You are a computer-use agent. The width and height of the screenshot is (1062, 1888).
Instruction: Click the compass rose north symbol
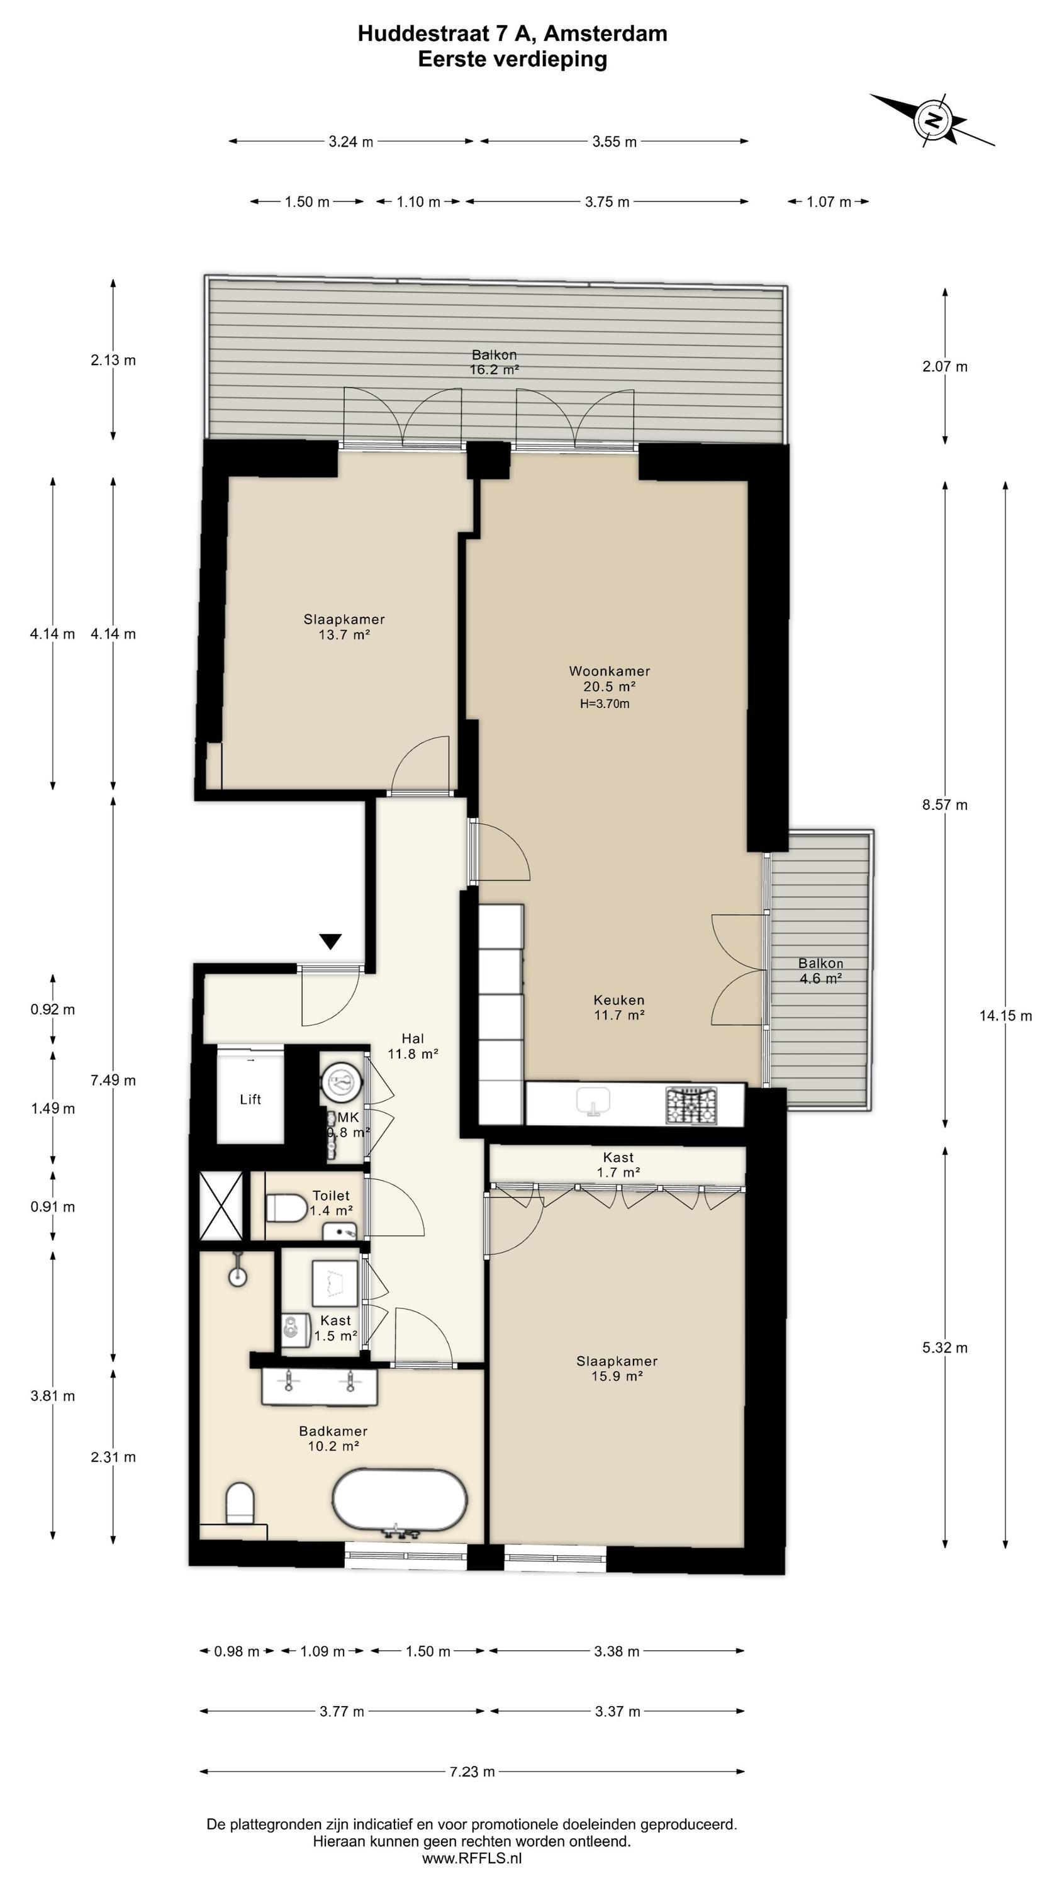click(x=932, y=120)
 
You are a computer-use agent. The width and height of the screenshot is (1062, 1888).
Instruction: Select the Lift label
click(x=250, y=1099)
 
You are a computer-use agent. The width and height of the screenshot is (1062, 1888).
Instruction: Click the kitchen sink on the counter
click(x=594, y=1101)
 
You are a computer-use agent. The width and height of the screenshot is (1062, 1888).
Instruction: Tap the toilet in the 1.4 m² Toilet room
click(x=286, y=1207)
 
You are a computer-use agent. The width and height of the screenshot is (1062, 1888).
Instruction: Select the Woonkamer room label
click(x=609, y=671)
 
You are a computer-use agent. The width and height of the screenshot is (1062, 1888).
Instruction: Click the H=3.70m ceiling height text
click(x=605, y=704)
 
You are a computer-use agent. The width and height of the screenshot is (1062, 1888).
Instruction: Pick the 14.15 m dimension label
click(x=1005, y=1015)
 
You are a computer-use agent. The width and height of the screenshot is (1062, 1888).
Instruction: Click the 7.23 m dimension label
click(x=472, y=1772)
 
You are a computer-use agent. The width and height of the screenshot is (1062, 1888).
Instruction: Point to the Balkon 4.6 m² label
click(x=821, y=970)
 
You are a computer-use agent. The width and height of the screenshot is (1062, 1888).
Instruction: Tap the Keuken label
click(x=619, y=1000)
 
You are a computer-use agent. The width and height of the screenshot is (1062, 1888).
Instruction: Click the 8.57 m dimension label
click(x=945, y=805)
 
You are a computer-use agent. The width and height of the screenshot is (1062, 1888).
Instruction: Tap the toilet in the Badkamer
click(x=240, y=1503)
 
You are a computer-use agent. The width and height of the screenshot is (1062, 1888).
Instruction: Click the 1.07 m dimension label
click(x=829, y=201)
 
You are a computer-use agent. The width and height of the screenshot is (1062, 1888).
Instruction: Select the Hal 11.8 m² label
click(x=413, y=1046)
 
